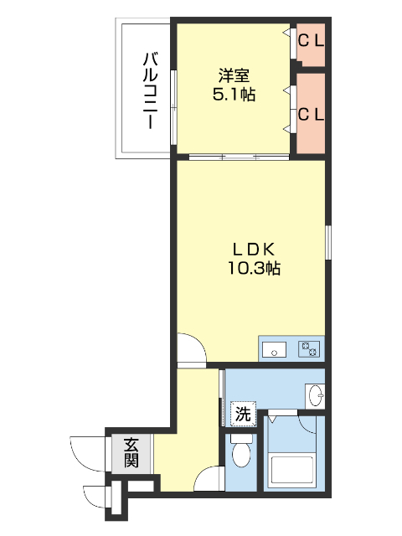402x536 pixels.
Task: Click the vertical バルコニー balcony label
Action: [x=150, y=90]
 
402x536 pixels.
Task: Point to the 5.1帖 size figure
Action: [x=234, y=95]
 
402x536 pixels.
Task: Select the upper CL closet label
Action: [x=312, y=39]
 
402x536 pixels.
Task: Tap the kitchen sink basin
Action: [x=276, y=349]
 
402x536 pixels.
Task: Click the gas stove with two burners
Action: [x=309, y=349]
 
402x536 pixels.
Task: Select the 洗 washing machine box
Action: [x=242, y=413]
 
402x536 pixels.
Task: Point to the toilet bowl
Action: [x=241, y=453]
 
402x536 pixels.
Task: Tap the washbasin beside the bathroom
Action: [x=315, y=395]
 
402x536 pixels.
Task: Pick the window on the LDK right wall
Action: [x=328, y=242]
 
